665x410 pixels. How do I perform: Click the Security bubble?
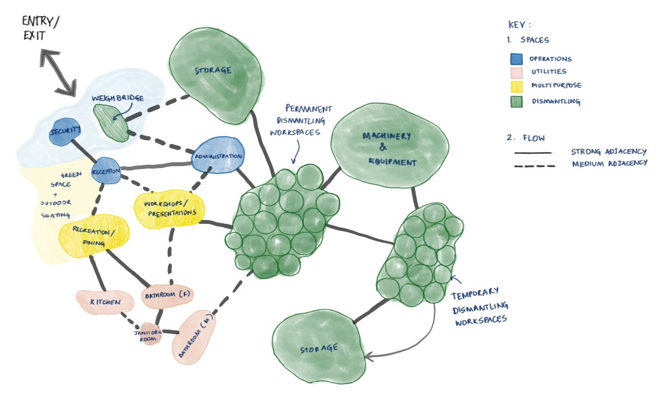click(64, 132)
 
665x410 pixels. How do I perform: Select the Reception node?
click(106, 171)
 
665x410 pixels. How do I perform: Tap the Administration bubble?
click(218, 155)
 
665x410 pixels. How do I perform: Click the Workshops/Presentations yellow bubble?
click(169, 208)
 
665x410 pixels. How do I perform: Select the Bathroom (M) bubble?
click(194, 337)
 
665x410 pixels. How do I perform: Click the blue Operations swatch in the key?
click(516, 59)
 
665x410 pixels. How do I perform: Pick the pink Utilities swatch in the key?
click(516, 73)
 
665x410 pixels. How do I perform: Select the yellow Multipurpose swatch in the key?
click(516, 86)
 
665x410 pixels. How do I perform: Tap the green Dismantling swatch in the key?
click(516, 101)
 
